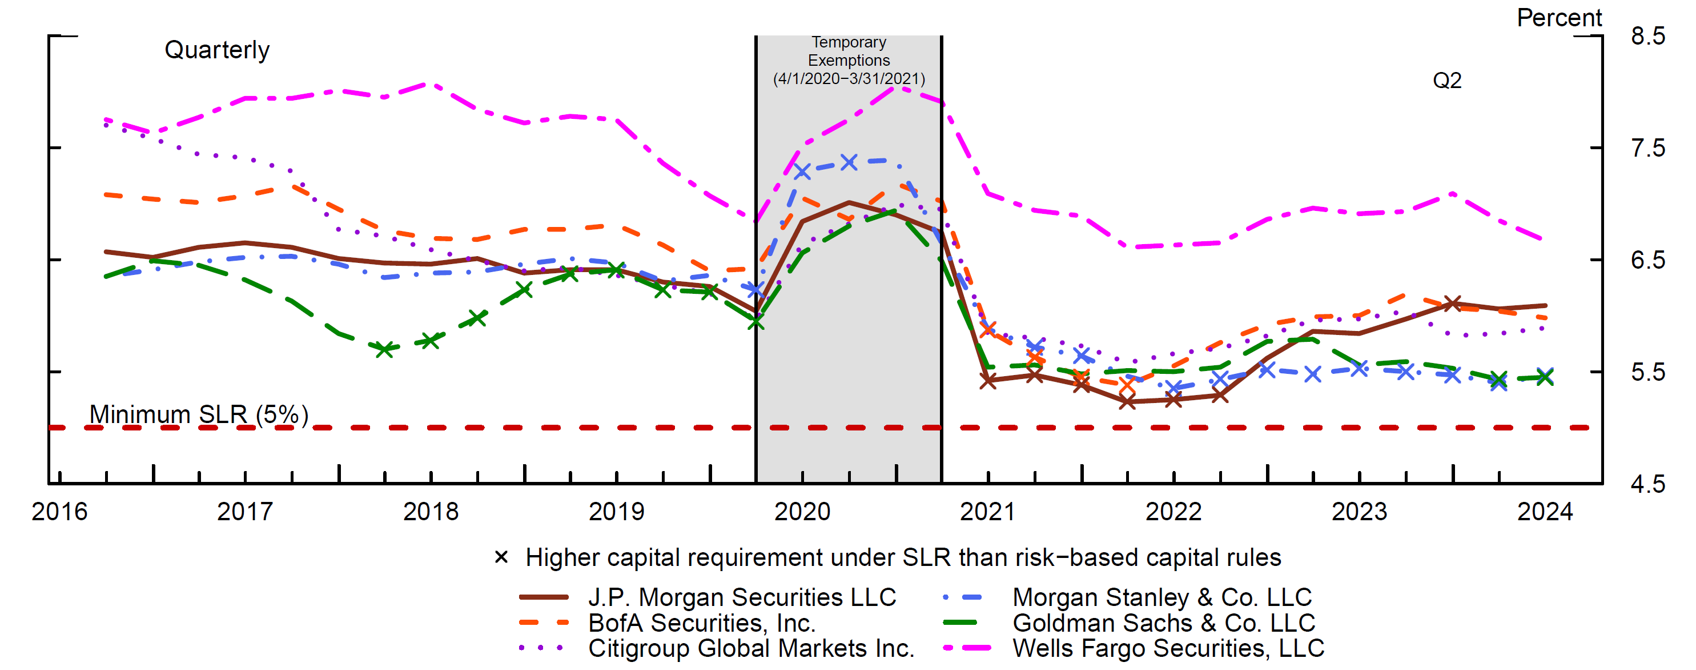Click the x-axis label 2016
(59, 511)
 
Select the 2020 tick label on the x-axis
(802, 511)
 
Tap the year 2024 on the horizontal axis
(1545, 511)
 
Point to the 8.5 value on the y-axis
(1648, 35)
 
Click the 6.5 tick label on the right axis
(1648, 260)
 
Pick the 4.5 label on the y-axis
(1648, 484)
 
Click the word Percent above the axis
(1559, 18)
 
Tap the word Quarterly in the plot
(216, 50)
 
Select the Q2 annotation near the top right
(1447, 81)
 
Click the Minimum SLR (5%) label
(199, 414)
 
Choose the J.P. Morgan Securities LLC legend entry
(742, 597)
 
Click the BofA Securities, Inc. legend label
(702, 623)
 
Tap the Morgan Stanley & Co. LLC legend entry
(1162, 597)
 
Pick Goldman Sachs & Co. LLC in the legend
(1163, 623)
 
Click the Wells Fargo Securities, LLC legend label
(1168, 648)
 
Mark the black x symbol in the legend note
(501, 557)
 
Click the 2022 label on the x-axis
(1173, 511)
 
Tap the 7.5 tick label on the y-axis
(1648, 148)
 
